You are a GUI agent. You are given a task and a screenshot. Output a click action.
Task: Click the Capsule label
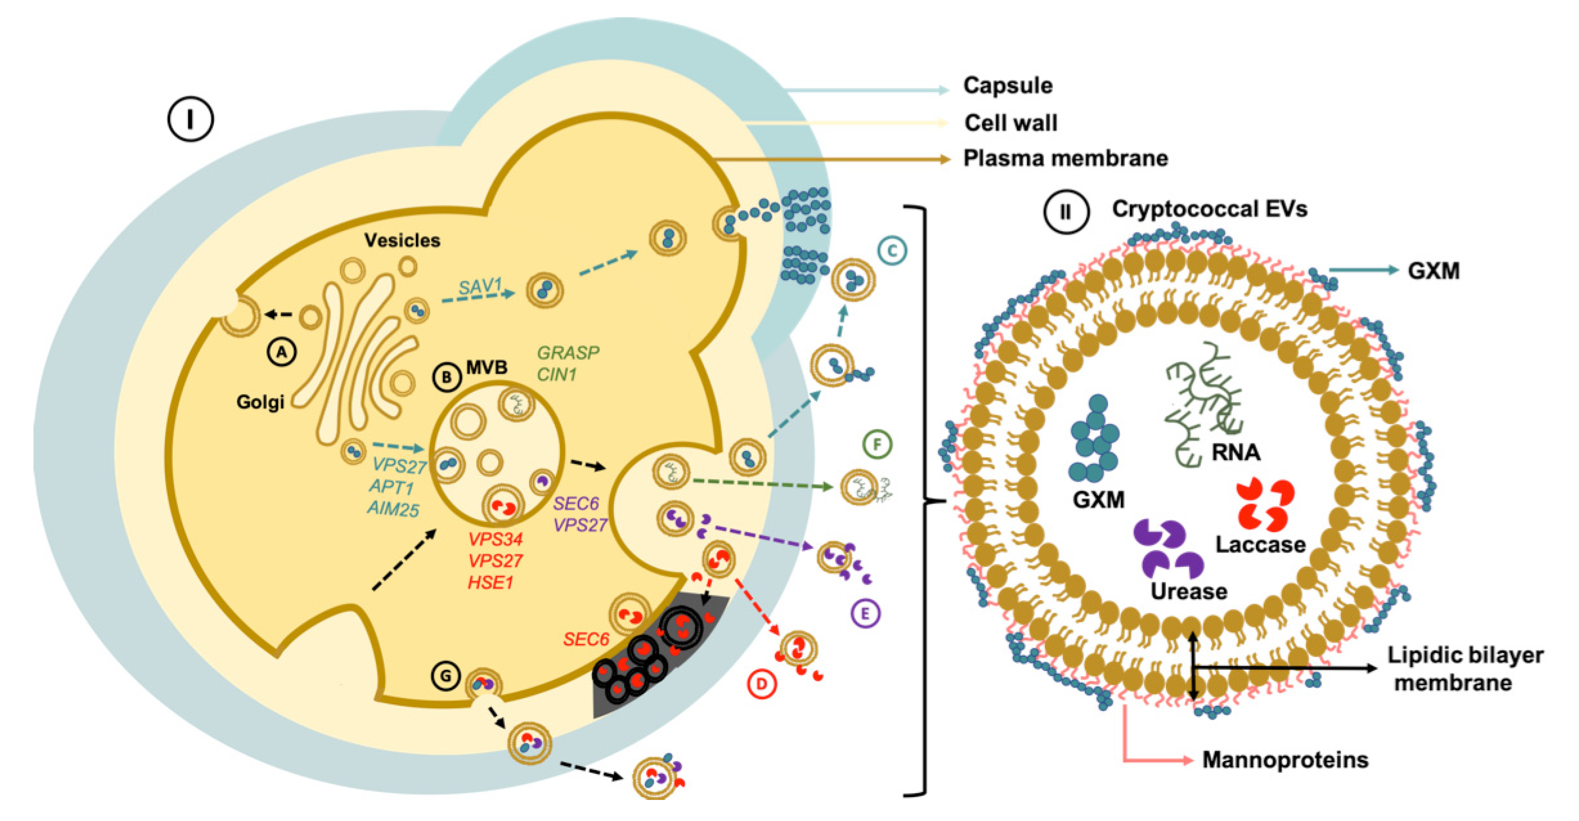point(1007,85)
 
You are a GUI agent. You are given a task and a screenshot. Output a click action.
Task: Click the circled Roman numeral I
point(191,119)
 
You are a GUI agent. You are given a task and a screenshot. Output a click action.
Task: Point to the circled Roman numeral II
point(1066,212)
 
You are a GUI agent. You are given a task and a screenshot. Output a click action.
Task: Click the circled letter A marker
point(281,352)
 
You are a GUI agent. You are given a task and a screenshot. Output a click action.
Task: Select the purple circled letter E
point(865,613)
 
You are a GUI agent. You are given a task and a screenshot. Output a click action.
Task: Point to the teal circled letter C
point(892,251)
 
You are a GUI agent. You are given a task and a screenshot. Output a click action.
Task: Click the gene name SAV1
point(480,286)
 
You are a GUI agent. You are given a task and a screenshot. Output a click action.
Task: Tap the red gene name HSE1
point(490,582)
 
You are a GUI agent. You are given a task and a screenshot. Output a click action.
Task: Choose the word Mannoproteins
point(1285,760)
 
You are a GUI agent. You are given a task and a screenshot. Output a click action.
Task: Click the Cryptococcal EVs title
point(1209,209)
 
